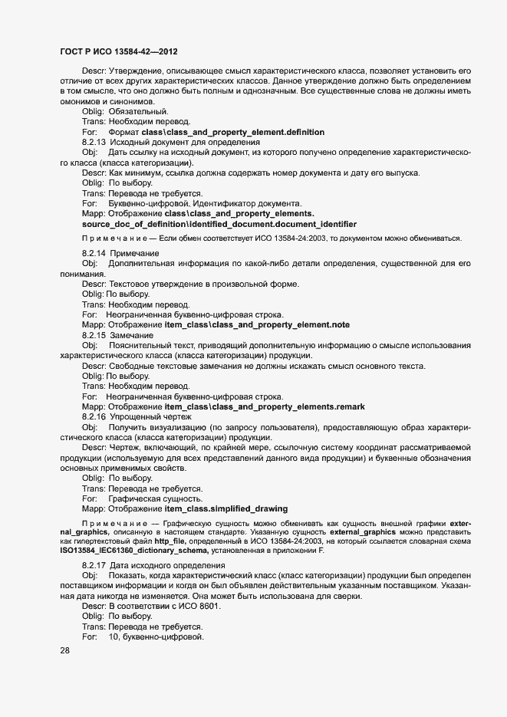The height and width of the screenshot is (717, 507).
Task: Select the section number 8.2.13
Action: pos(94,143)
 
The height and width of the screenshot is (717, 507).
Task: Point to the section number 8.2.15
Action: pos(94,335)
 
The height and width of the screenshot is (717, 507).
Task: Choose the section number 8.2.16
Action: pos(94,416)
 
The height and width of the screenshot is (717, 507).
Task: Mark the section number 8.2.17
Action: pos(94,565)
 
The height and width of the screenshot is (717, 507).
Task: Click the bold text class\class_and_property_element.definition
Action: pos(228,133)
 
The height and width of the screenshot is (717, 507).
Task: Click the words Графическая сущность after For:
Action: pos(149,498)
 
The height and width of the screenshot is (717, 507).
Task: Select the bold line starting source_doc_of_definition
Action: pos(219,224)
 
